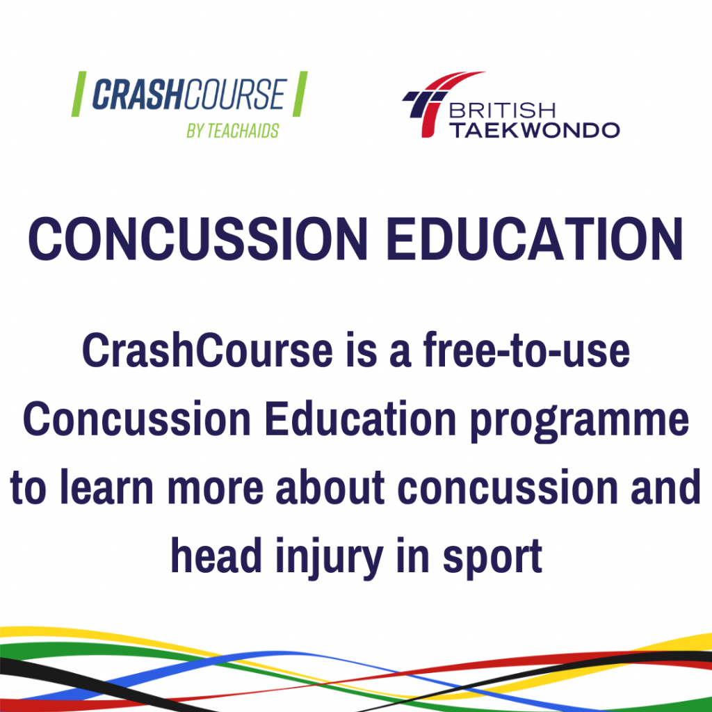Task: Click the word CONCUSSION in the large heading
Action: point(197,238)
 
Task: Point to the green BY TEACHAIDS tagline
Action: point(232,130)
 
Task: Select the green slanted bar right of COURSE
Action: point(300,95)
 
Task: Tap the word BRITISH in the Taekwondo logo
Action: point(503,112)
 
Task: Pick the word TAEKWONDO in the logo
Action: point(533,130)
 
